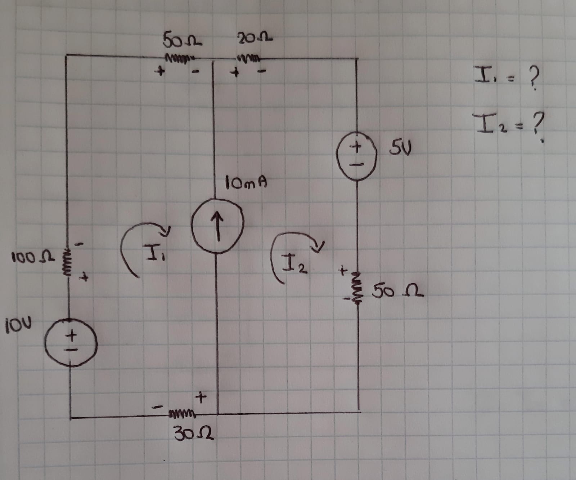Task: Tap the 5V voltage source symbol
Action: pyautogui.click(x=356, y=155)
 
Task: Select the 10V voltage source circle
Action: pyautogui.click(x=71, y=342)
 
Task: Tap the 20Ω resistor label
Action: pyautogui.click(x=254, y=37)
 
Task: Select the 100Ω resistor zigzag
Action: pyautogui.click(x=67, y=262)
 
